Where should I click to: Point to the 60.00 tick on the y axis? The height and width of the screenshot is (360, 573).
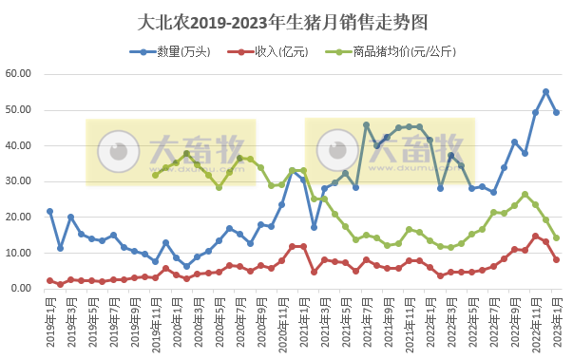pos(20,74)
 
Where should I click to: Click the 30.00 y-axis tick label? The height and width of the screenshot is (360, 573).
pos(20,181)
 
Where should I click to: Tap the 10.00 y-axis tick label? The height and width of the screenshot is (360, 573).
pos(20,253)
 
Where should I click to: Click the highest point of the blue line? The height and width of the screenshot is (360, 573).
pos(545,92)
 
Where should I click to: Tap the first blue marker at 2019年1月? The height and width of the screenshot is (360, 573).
pos(49,211)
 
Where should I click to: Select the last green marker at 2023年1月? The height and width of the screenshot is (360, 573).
pos(557,238)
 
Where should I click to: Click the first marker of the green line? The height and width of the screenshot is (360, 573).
pos(155,175)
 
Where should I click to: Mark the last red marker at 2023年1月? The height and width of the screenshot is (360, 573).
pos(557,259)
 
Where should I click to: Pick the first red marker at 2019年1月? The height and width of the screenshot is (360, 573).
pos(49,280)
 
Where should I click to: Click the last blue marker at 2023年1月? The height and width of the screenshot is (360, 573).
pos(557,112)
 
